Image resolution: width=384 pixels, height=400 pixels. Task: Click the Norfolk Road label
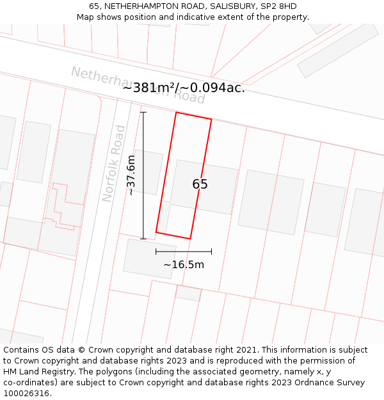[114, 163]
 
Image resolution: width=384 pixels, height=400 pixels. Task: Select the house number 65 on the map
[200, 184]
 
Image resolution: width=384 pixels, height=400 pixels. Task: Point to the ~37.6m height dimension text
[131, 175]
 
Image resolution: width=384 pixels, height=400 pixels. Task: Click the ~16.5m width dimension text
[184, 265]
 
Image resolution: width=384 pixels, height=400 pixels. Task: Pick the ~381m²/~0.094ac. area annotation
[184, 88]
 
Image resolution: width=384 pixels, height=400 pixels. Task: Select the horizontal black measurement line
[184, 252]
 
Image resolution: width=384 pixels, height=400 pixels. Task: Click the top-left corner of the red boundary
[176, 113]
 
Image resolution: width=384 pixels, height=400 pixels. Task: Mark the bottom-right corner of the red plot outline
[190, 239]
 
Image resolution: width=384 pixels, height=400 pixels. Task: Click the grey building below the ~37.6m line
[149, 258]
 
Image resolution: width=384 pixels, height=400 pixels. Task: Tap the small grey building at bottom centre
[188, 293]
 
